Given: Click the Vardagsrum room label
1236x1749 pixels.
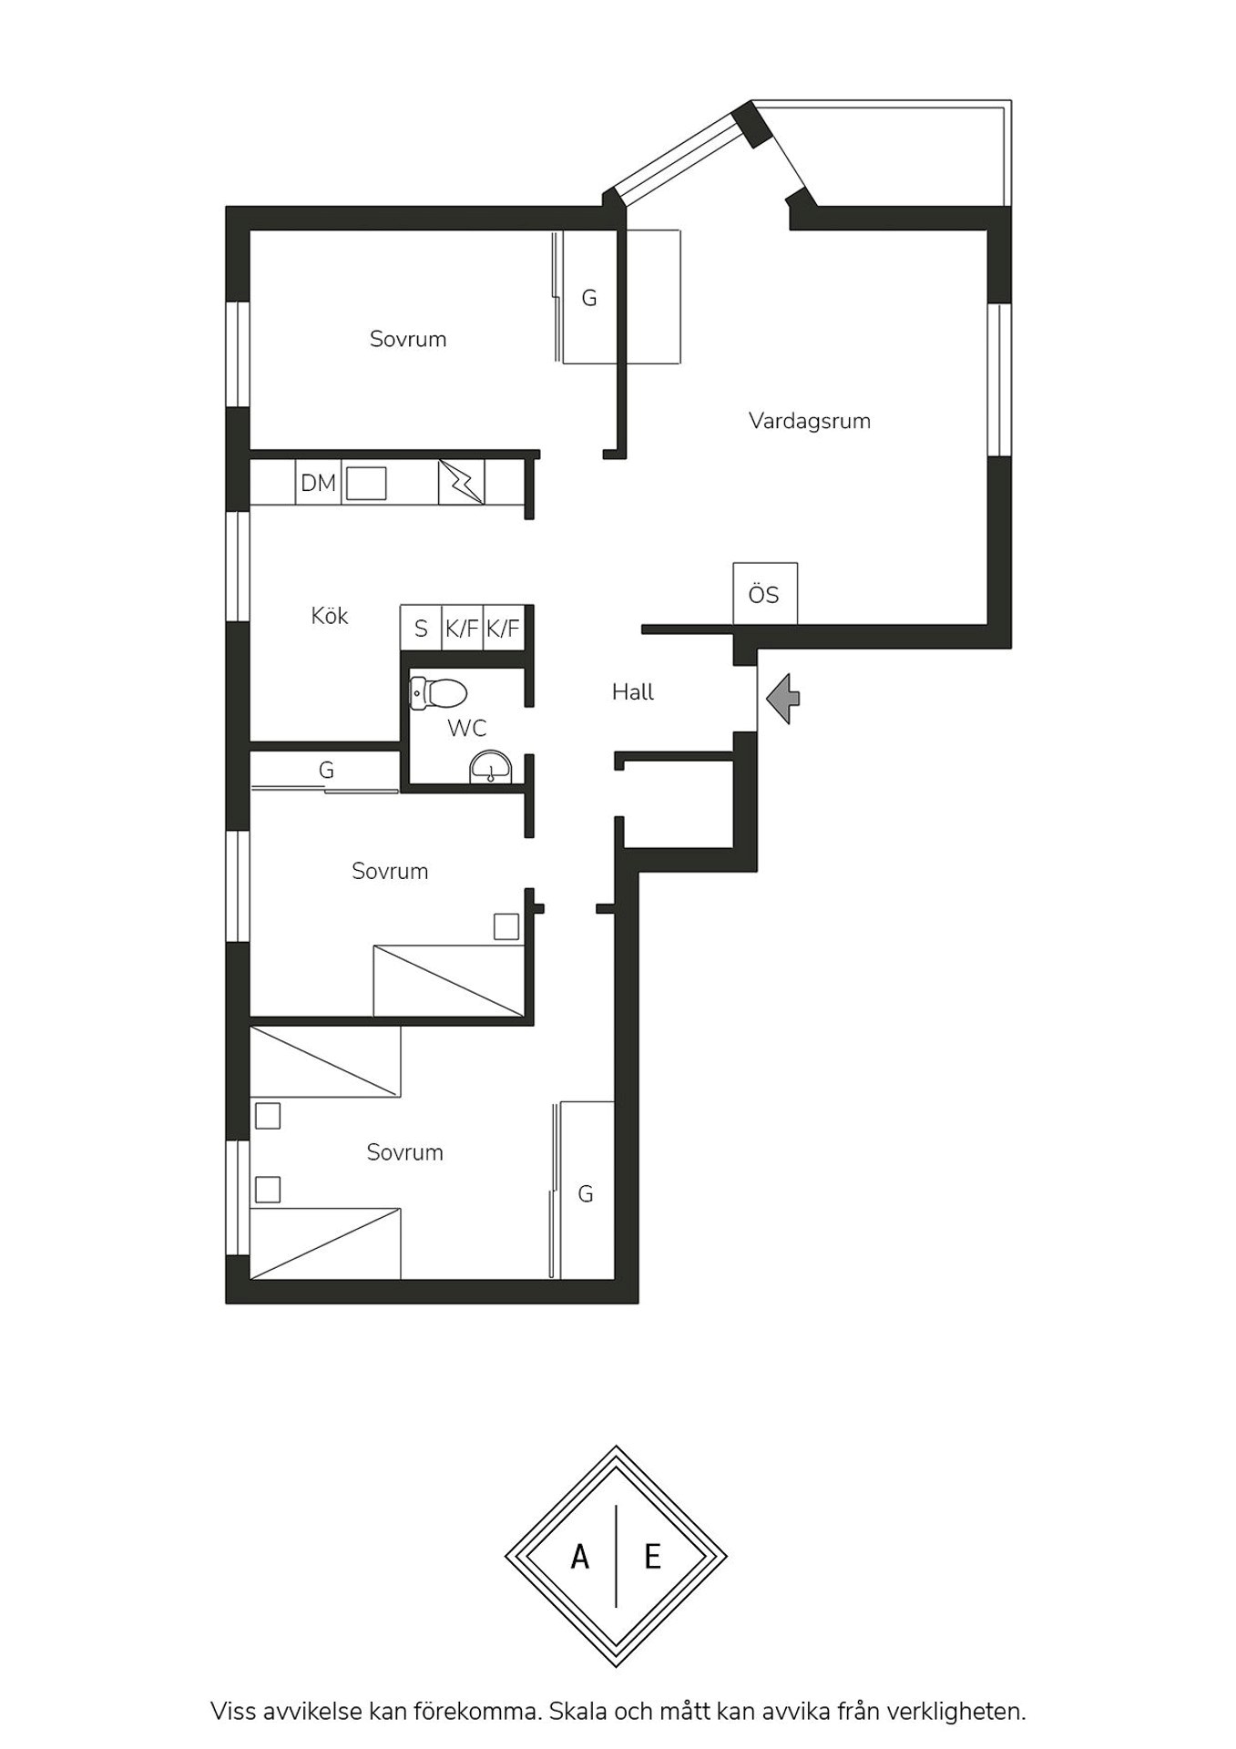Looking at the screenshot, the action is (x=809, y=421).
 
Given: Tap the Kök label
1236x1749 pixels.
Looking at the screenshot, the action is (x=329, y=616).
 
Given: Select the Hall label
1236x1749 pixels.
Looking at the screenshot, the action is (x=633, y=692).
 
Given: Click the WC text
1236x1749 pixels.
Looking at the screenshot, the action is (x=466, y=728).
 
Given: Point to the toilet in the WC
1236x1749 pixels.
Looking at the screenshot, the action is (x=438, y=692).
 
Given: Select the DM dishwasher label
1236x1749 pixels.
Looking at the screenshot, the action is (x=318, y=483).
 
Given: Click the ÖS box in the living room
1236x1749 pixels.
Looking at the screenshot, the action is (x=765, y=593).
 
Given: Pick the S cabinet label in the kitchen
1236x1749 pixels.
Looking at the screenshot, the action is (x=421, y=629).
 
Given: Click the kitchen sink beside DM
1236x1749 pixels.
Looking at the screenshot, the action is (x=366, y=483).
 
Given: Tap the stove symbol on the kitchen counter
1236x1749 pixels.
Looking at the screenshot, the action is (x=462, y=482).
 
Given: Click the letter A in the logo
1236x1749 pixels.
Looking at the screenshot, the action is (x=579, y=1557).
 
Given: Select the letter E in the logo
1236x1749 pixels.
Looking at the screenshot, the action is (x=652, y=1557).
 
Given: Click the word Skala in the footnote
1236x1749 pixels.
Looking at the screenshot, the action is (x=579, y=1711).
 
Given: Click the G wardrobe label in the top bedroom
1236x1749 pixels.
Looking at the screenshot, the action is (x=589, y=298).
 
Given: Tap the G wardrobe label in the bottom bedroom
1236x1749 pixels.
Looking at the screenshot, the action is (x=586, y=1193).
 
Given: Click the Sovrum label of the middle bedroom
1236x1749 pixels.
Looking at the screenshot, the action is (x=390, y=871).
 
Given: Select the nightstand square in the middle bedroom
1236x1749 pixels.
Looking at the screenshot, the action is (x=506, y=926).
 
